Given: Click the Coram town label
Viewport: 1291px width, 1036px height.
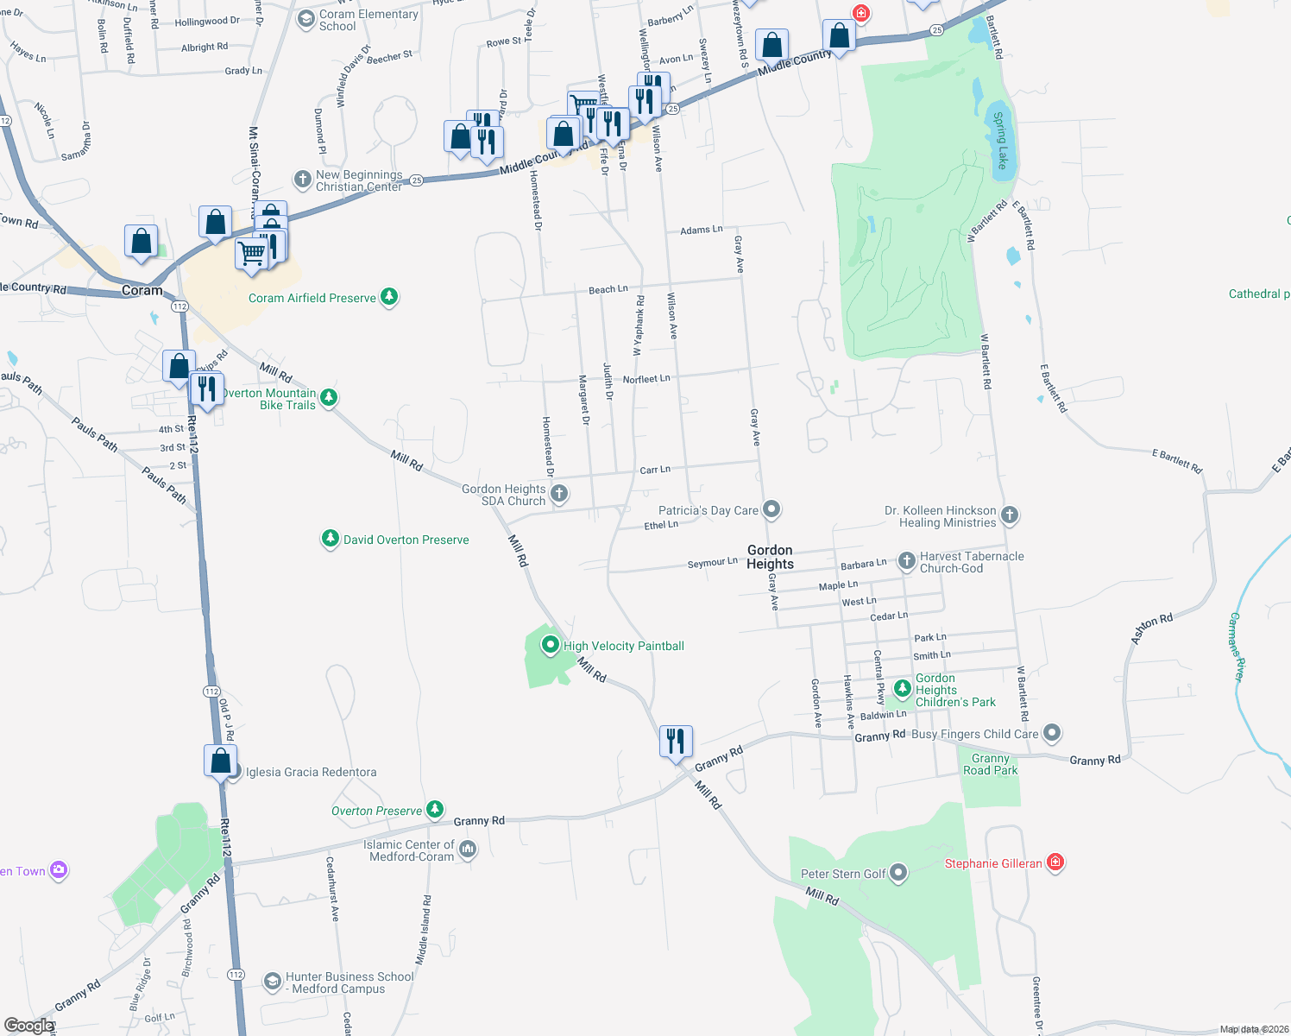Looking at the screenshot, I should tap(142, 290).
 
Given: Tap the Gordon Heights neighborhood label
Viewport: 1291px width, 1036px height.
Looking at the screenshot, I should tap(770, 557).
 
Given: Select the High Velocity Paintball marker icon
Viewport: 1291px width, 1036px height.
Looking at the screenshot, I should tap(551, 645).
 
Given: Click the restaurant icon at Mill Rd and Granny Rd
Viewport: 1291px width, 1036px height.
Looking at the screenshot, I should tap(676, 741).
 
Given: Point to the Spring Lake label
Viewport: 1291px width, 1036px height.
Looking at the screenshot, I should tap(1000, 140).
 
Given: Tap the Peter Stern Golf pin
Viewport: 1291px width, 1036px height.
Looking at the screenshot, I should tap(898, 873).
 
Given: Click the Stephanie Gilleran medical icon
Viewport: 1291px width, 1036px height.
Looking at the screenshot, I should tap(1055, 862).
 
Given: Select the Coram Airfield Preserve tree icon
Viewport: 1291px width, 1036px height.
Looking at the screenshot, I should tap(389, 297).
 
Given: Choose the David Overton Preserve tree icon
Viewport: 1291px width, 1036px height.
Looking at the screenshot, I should tap(330, 539).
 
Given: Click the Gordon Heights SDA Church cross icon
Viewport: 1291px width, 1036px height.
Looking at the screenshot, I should tap(559, 493).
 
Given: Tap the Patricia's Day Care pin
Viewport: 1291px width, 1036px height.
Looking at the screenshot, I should tap(771, 509).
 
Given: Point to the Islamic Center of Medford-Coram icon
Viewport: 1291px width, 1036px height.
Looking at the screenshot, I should tap(468, 850).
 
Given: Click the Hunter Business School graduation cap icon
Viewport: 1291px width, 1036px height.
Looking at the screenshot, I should tap(272, 982).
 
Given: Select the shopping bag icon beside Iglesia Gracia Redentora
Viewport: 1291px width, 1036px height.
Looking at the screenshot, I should tap(220, 761).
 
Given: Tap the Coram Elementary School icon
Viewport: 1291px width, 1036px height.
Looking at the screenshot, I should tap(305, 19).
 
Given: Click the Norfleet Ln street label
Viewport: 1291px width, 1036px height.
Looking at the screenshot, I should tap(646, 379).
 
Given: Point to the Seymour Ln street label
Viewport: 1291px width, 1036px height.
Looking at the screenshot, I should tap(712, 563).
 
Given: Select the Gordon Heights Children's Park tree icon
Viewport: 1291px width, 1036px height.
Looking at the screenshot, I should tap(902, 688).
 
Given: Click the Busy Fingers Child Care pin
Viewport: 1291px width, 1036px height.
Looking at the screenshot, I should tap(1051, 733).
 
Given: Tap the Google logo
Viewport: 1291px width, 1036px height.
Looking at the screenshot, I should tap(29, 1026).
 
